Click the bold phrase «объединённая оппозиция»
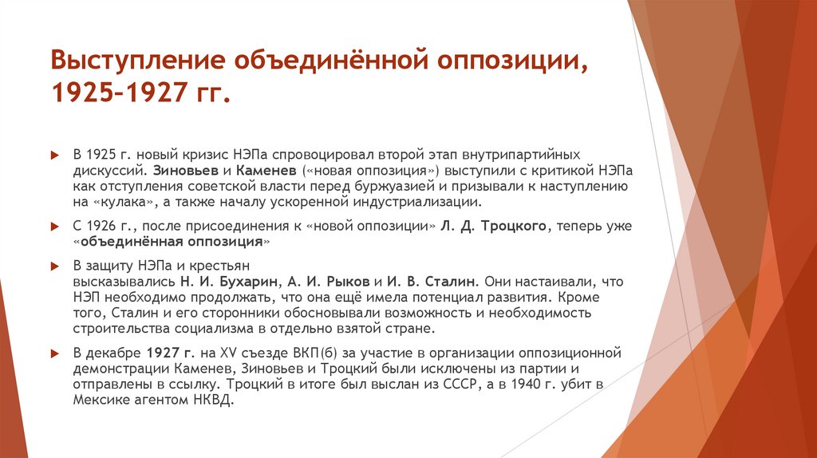[172, 241]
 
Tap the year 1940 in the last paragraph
[519, 385]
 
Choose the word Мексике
[105, 400]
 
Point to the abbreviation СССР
[442, 385]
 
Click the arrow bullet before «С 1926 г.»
[53, 227]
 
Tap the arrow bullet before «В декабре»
[53, 353]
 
